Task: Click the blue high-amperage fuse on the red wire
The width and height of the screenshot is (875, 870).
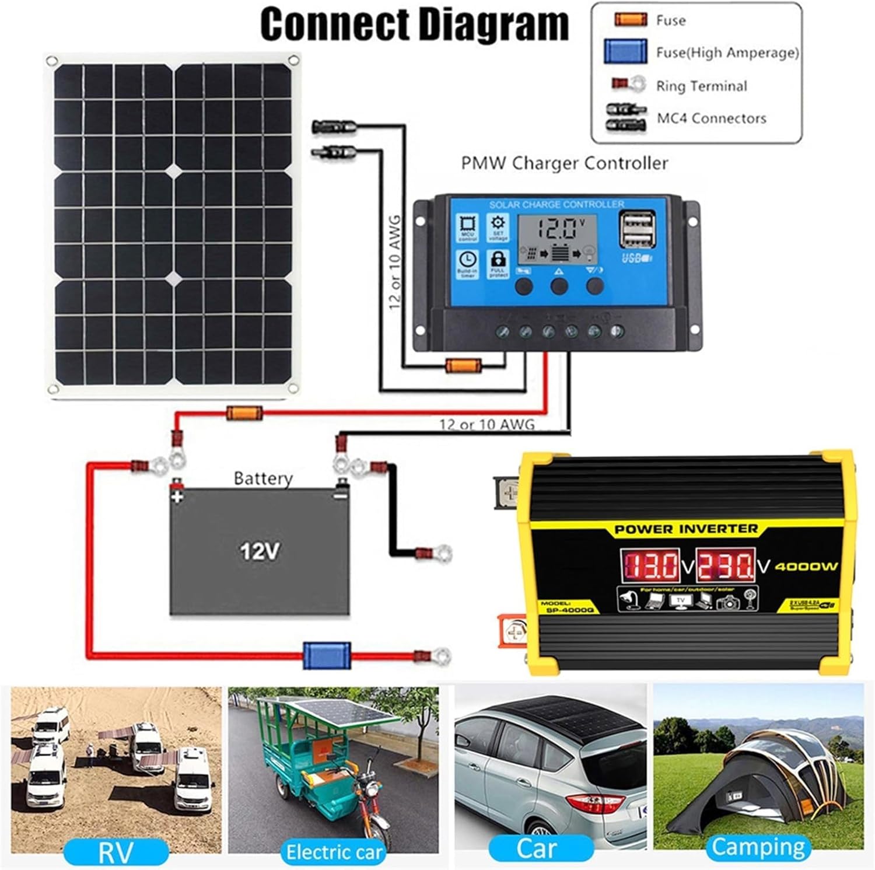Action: (x=327, y=655)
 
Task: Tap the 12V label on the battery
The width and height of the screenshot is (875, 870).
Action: (x=260, y=550)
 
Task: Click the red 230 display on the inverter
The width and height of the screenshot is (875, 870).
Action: (x=725, y=565)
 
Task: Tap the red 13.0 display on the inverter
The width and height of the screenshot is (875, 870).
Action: (x=652, y=565)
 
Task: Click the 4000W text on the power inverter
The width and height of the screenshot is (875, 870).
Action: (x=806, y=565)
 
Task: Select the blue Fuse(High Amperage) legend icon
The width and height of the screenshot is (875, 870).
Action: (x=625, y=52)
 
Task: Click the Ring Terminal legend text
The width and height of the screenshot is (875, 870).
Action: (x=701, y=86)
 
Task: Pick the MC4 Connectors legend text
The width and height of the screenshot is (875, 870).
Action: (x=711, y=118)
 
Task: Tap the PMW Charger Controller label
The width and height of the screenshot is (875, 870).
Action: (x=564, y=163)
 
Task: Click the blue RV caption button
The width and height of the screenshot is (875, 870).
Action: (x=116, y=852)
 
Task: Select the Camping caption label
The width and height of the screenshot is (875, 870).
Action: (x=758, y=847)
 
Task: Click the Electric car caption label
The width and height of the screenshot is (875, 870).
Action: (x=334, y=852)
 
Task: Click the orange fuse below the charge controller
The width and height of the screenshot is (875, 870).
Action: (x=463, y=366)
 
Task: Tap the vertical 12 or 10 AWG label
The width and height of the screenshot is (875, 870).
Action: (x=395, y=262)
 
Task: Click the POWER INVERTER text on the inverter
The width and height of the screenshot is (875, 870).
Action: (x=685, y=529)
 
